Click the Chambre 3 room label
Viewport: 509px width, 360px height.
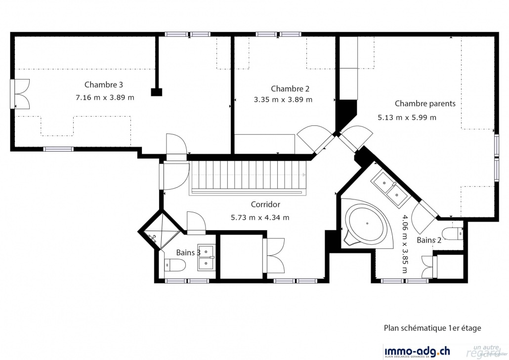click(x=103, y=84)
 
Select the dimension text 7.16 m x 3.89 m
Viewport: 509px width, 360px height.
click(x=105, y=98)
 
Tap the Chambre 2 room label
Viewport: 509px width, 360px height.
click(x=290, y=89)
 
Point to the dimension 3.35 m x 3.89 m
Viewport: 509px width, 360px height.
click(x=283, y=100)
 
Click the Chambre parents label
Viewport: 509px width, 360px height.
click(x=425, y=104)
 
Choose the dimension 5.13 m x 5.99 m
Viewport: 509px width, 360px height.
click(x=407, y=118)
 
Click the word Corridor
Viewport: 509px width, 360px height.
click(x=265, y=204)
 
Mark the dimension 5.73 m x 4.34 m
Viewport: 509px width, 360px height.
click(x=260, y=217)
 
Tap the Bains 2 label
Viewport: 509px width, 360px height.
click(x=429, y=240)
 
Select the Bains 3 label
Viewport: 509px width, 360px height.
click(x=188, y=253)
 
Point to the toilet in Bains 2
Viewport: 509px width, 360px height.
click(x=452, y=234)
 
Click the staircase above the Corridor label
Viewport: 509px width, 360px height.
click(x=247, y=176)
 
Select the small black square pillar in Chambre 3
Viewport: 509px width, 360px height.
click(x=157, y=91)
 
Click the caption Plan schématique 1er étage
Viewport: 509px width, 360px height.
click(x=432, y=328)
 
